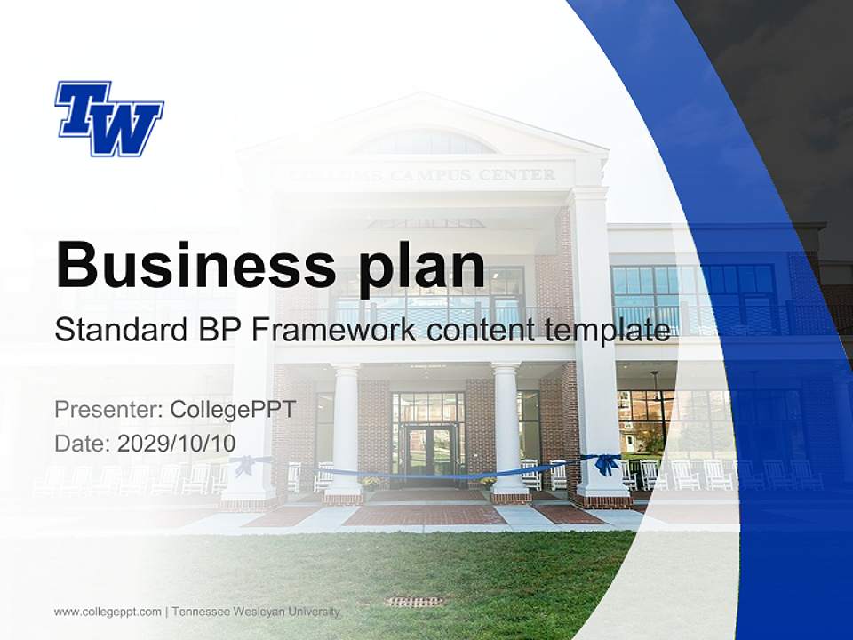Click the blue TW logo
108,118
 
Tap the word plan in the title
419,267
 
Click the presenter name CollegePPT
232,410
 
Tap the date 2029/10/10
177,443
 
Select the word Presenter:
108,410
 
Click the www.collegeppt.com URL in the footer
108,612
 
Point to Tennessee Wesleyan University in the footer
256,612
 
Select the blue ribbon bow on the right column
607,464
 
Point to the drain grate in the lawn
414,602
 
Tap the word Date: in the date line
83,443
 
